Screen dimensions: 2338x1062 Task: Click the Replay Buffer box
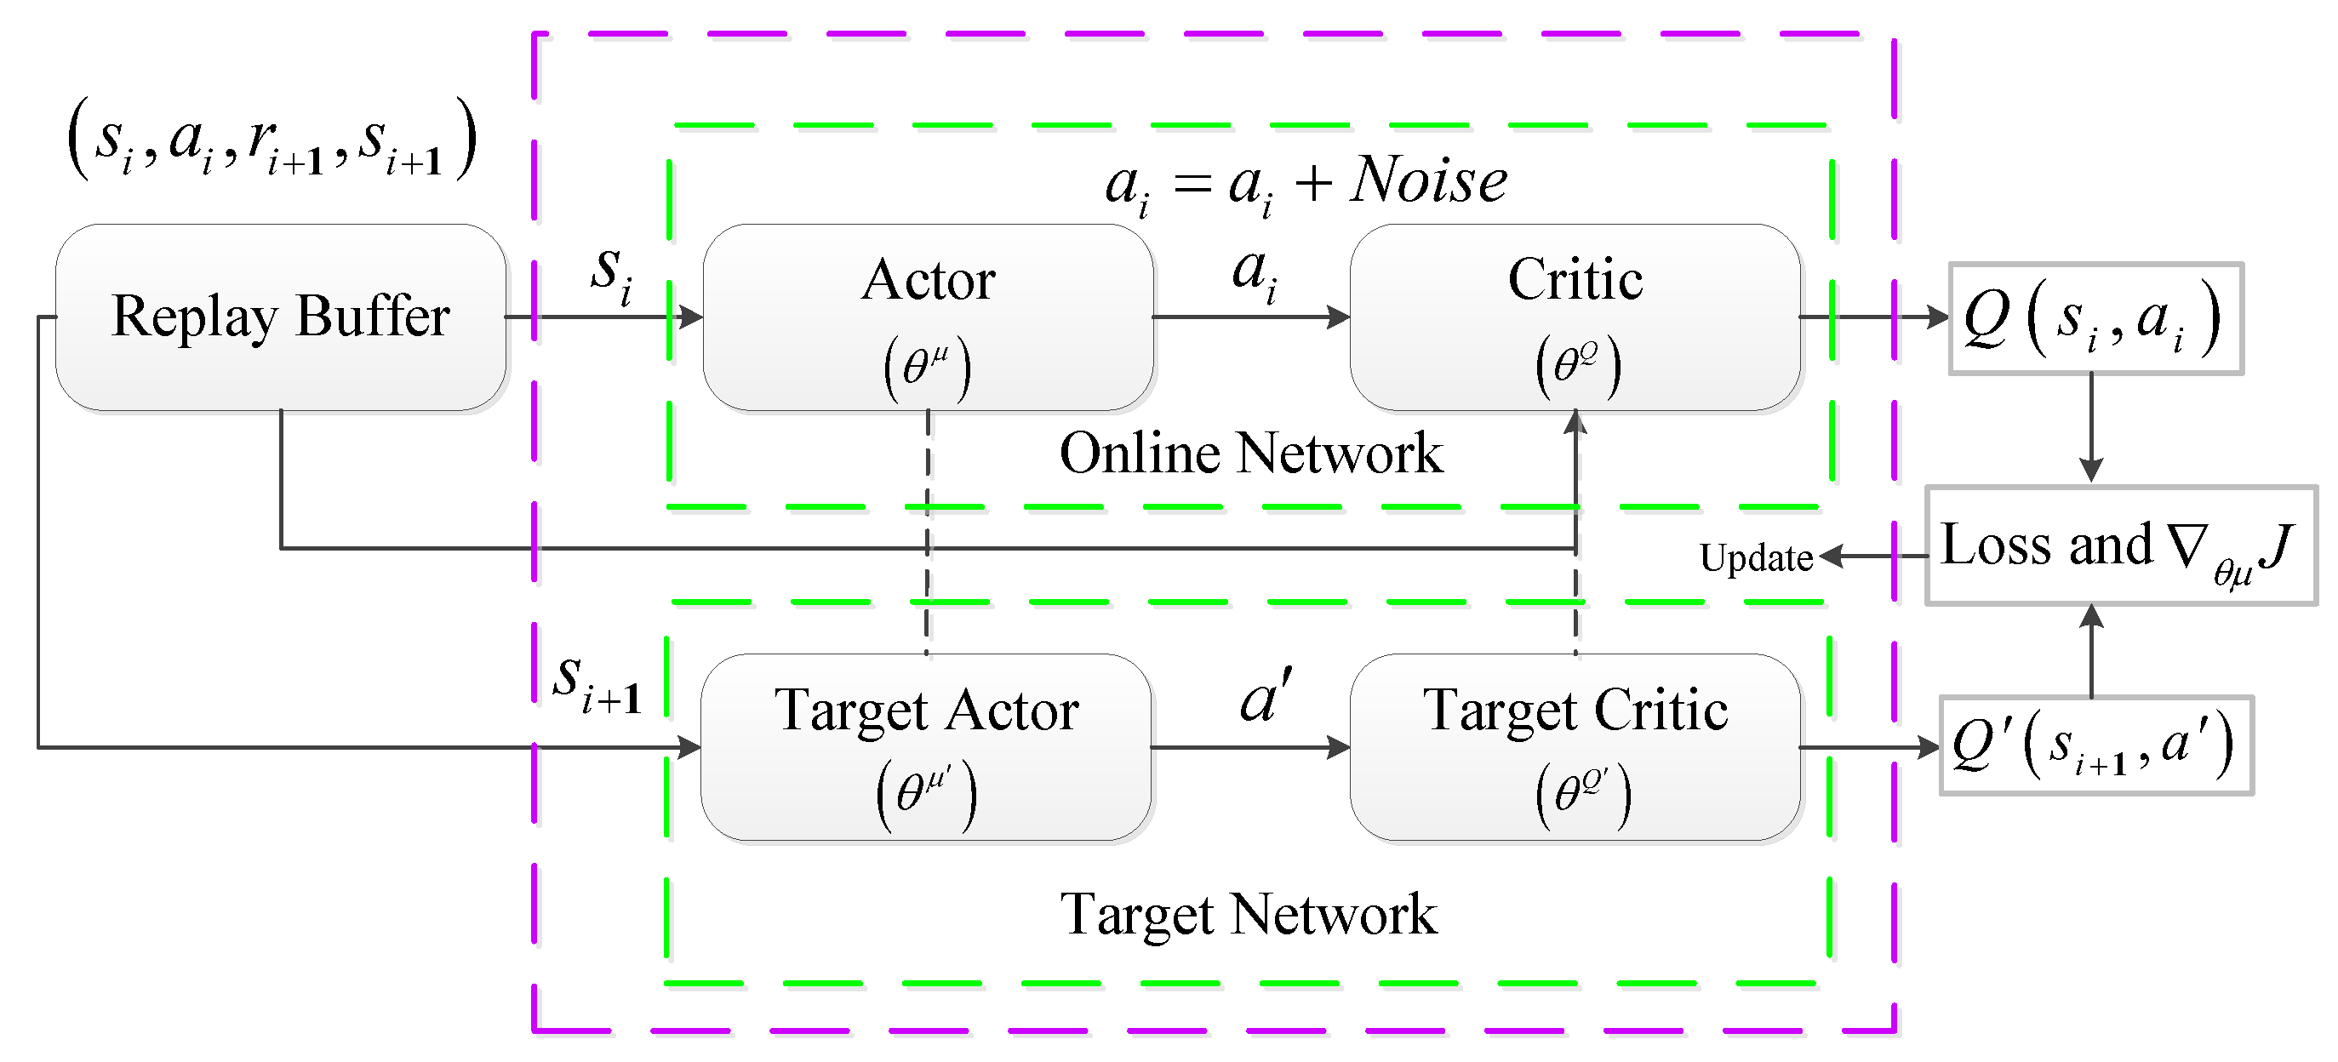tap(281, 317)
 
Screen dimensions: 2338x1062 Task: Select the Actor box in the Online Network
tap(928, 317)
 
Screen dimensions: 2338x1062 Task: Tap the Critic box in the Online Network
tap(1575, 317)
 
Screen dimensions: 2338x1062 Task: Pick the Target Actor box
tap(926, 746)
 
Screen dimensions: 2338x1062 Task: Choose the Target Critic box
tap(1575, 746)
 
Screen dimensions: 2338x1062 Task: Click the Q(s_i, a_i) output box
tap(2095, 318)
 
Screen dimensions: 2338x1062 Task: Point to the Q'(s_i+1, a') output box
tap(2095, 746)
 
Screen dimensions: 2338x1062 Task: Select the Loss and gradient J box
tap(2120, 545)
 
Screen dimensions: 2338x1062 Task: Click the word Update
tap(1755, 557)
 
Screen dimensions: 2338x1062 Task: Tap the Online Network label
tap(1250, 453)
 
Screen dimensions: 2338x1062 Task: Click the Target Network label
tap(1249, 914)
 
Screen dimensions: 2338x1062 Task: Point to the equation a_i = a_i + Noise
tap(1305, 181)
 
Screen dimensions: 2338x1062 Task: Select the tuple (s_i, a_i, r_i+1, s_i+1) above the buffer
tap(272, 138)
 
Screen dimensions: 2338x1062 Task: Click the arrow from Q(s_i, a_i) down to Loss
tap(2091, 426)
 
